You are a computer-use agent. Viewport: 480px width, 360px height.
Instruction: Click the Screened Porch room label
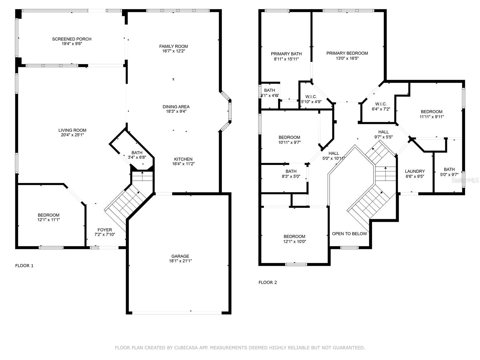(72, 39)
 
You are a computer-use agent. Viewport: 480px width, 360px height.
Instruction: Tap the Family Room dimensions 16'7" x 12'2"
(174, 51)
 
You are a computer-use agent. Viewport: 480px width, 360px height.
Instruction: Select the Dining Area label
(176, 107)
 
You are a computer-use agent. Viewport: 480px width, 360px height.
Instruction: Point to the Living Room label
(72, 130)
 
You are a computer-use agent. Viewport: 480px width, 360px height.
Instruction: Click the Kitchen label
(183, 159)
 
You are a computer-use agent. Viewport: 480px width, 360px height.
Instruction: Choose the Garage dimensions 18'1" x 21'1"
(180, 261)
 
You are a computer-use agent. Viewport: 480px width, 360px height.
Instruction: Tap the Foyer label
(105, 230)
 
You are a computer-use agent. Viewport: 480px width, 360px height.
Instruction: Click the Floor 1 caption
(24, 265)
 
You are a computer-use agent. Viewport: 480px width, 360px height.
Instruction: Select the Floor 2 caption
(268, 282)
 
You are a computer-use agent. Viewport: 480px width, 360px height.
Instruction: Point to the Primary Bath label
(286, 54)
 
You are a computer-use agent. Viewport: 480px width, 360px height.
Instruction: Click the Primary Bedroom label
(347, 53)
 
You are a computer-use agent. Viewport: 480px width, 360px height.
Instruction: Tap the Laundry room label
(415, 171)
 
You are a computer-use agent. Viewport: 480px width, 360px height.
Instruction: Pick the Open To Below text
(349, 234)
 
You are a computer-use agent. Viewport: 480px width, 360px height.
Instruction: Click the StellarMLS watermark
(465, 180)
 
